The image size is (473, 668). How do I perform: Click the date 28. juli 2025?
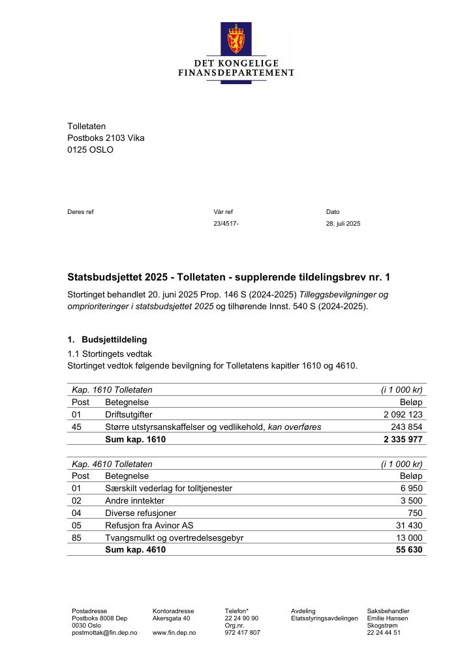click(x=343, y=224)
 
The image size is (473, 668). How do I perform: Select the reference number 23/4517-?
click(x=226, y=224)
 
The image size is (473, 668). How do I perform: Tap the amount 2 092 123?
click(x=403, y=414)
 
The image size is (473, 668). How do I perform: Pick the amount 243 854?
click(x=407, y=427)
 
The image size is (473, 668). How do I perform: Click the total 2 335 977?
click(x=403, y=440)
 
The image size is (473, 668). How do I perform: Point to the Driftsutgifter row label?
click(x=129, y=414)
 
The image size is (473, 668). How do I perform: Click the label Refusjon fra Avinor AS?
click(x=149, y=526)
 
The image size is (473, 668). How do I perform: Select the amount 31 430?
click(x=409, y=526)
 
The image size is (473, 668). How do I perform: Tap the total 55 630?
click(x=409, y=550)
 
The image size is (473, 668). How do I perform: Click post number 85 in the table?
click(x=77, y=538)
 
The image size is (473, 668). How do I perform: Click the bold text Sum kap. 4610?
click(x=135, y=550)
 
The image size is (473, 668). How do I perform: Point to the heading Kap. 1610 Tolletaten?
click(x=112, y=390)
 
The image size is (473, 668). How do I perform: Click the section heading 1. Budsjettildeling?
click(x=108, y=340)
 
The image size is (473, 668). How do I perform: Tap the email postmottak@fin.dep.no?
click(x=104, y=633)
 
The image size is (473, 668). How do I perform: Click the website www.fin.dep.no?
click(x=174, y=633)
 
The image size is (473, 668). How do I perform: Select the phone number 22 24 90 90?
click(x=241, y=618)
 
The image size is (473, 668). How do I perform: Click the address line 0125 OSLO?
click(x=90, y=149)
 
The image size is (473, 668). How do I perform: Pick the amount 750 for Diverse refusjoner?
click(x=415, y=513)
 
